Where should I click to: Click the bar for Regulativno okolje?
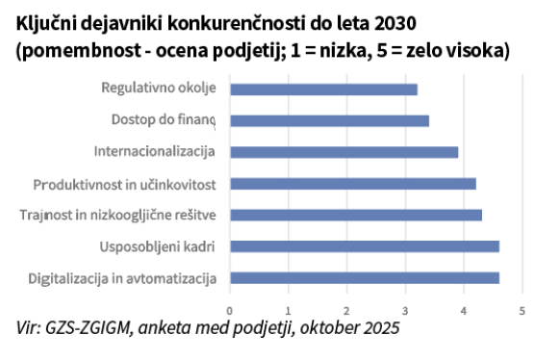coord(323,90)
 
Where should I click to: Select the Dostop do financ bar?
coord(330,121)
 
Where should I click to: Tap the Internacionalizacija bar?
coord(344,152)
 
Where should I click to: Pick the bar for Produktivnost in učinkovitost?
coord(353,184)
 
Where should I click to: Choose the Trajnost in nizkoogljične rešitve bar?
coord(356,216)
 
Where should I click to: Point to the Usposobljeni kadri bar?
coord(365,246)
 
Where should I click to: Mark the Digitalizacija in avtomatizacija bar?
coord(365,278)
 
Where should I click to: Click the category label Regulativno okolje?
coord(159,88)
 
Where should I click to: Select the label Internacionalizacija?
coord(155,152)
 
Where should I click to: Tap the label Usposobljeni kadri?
coord(157,246)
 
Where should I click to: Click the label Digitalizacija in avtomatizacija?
coord(122,278)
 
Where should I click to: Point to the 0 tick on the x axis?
coord(230,311)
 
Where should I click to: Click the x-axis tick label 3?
coord(405,311)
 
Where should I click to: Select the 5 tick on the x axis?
coord(522,311)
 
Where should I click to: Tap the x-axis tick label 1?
coord(289,311)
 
